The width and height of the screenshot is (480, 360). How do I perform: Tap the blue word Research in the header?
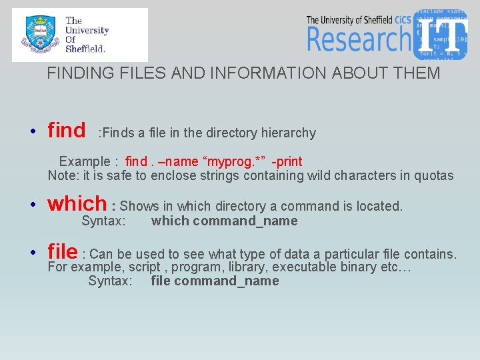359,39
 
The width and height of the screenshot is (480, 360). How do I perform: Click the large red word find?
67,131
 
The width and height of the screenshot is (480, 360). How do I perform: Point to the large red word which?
77,203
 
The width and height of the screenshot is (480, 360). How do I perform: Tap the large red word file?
63,252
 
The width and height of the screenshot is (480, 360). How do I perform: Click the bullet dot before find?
33,131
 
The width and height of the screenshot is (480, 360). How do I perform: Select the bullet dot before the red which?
33,204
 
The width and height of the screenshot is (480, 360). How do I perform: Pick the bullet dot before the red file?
33,253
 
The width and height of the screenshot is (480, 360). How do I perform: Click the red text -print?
287,162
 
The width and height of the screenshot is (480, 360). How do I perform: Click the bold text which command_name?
224,221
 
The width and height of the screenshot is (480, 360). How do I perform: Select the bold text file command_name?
215,281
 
